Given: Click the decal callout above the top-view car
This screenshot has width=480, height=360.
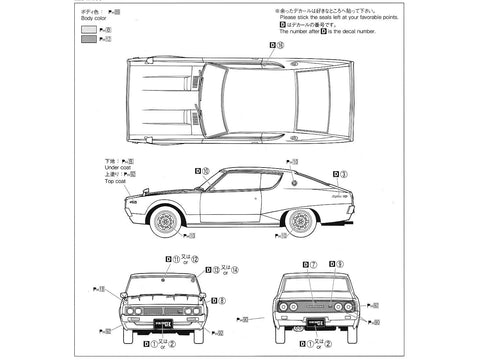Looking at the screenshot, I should (x=277, y=46).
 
